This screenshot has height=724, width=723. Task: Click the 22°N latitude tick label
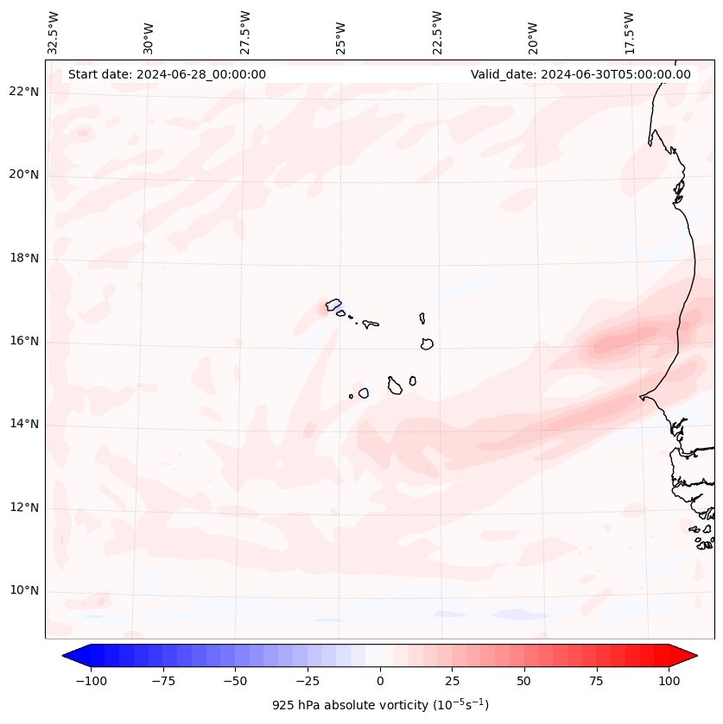click(x=24, y=92)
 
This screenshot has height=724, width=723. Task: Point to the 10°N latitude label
click(x=24, y=591)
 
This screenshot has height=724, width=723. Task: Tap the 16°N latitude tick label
click(x=24, y=342)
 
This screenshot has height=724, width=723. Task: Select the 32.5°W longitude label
click(x=54, y=33)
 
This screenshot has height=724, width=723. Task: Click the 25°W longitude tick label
click(x=342, y=33)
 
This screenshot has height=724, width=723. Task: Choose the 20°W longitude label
click(x=533, y=33)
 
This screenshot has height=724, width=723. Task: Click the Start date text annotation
click(x=167, y=74)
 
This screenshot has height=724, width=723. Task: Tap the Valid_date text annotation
click(x=580, y=74)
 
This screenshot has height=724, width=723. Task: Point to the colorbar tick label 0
click(x=380, y=682)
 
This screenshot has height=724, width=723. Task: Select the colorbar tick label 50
click(x=524, y=682)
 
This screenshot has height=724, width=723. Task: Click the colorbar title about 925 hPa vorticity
click(x=380, y=706)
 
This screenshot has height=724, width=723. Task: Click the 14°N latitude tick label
click(x=24, y=425)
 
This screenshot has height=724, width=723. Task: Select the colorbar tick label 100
click(x=669, y=682)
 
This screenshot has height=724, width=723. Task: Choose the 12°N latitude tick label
click(x=24, y=508)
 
